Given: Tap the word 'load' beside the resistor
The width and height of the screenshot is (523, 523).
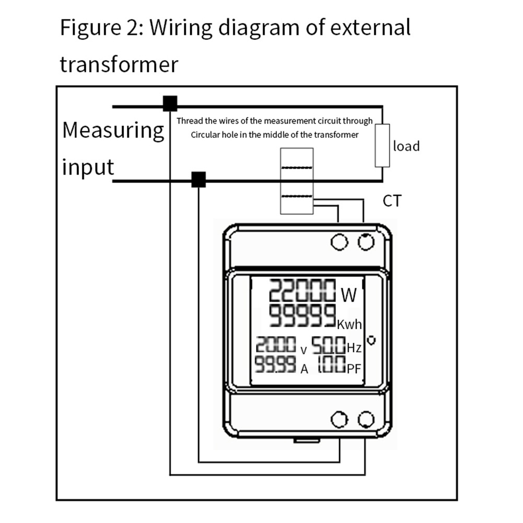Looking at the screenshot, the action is (x=406, y=146).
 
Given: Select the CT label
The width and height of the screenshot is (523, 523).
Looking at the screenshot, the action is (x=392, y=201).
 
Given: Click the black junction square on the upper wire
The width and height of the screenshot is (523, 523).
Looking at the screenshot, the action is (x=170, y=103).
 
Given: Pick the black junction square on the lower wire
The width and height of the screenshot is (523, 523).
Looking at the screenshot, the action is (x=199, y=179).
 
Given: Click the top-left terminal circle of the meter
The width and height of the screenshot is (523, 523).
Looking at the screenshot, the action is (x=340, y=242).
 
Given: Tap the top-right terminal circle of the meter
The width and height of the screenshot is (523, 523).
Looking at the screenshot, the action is (x=366, y=242).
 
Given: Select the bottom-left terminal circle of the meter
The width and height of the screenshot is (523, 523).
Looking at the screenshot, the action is (x=340, y=420).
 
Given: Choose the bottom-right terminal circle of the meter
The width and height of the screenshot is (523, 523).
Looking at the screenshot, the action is (x=366, y=420).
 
